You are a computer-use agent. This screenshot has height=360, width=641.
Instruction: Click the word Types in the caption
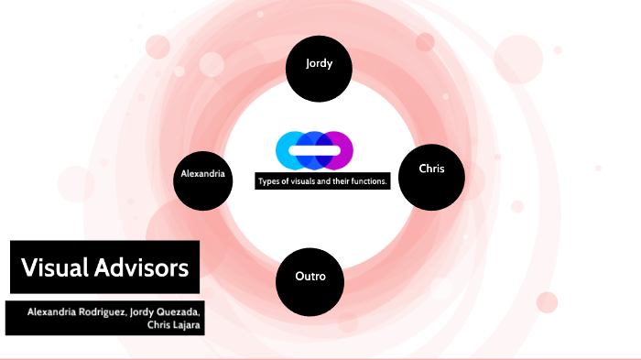click(270, 181)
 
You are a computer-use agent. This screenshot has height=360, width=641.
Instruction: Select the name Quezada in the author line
click(179, 311)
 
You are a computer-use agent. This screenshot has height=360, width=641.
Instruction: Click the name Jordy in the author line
click(142, 311)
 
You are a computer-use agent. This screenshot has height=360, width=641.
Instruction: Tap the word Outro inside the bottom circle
click(310, 276)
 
